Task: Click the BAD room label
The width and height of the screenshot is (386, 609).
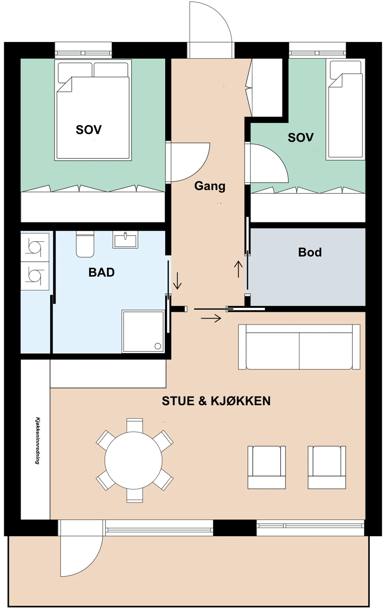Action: [102, 272]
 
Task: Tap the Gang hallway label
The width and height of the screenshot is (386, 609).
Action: [210, 186]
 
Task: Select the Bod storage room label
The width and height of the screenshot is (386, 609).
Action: [310, 252]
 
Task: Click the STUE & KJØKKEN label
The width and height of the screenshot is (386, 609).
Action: [216, 401]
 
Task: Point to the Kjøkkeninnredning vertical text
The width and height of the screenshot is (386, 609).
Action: [38, 441]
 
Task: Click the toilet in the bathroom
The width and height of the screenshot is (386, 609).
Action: [85, 244]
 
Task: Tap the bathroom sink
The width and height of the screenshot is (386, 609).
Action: [125, 239]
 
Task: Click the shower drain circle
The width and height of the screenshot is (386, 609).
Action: [158, 346]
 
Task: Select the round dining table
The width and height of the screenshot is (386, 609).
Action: [133, 460]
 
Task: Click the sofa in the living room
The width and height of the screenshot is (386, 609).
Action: [299, 347]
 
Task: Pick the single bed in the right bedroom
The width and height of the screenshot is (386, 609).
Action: [345, 109]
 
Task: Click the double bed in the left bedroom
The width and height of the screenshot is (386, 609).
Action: [93, 110]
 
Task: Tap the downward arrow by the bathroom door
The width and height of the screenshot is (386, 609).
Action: [177, 281]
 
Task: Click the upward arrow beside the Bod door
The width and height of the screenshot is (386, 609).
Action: [238, 269]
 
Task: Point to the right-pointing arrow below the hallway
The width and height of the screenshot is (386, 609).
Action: [211, 318]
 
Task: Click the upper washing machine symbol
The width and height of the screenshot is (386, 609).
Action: [35, 247]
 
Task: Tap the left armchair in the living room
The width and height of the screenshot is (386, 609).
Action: [267, 467]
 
